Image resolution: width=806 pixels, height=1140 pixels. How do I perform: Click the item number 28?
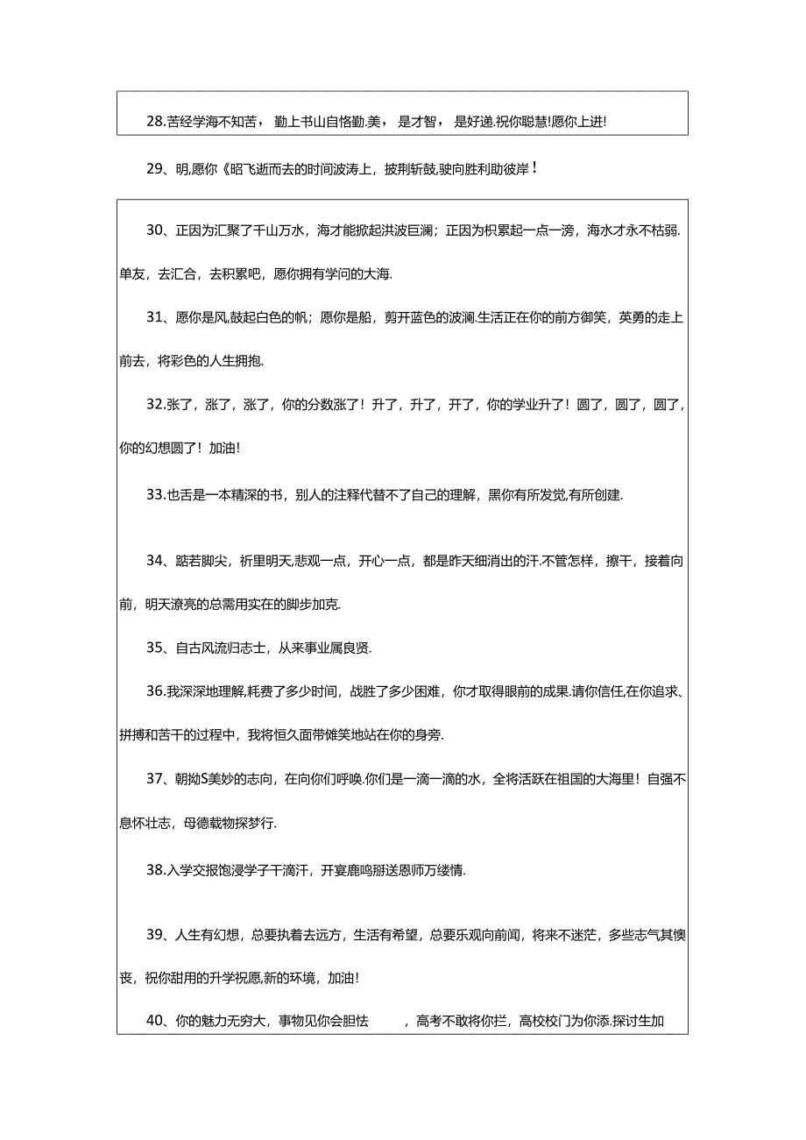coord(155,123)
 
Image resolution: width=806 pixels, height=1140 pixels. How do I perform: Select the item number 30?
coord(156,230)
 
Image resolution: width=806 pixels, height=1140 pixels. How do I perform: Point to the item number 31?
coord(156,317)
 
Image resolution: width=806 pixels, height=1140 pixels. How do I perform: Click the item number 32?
coord(155,405)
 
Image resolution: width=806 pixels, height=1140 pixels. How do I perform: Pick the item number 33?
coord(155,495)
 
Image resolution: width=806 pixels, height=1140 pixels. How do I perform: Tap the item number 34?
coord(156,561)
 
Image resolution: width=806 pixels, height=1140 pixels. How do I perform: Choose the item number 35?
coord(156,648)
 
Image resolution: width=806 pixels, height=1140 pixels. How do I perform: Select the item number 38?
coord(155,871)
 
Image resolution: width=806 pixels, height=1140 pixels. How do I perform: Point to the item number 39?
coord(156,935)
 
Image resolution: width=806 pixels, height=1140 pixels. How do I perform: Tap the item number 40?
coord(156,1021)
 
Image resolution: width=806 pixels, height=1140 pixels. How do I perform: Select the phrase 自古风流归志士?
coord(219,648)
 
